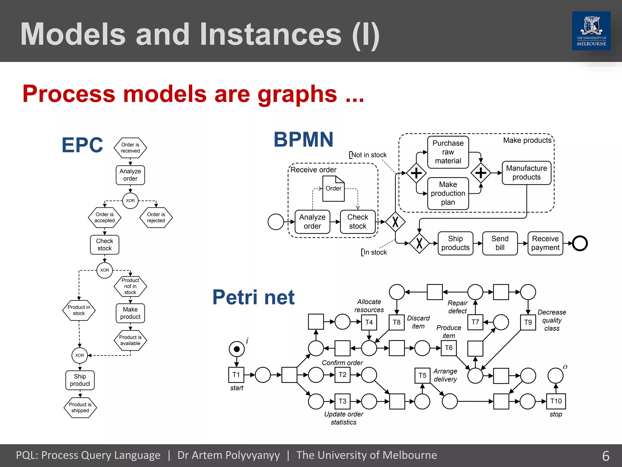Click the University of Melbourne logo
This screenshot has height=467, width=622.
click(591, 31)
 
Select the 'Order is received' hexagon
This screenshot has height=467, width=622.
click(130, 148)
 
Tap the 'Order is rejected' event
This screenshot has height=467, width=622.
click(156, 217)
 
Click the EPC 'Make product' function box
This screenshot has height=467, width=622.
click(130, 313)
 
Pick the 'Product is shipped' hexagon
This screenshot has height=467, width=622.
click(80, 408)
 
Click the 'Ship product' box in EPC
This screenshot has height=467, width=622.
click(80, 380)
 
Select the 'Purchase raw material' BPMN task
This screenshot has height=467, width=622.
click(448, 152)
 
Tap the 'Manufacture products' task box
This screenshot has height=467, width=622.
click(526, 173)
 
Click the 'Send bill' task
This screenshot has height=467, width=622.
click(500, 243)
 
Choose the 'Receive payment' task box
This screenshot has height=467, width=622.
click(545, 243)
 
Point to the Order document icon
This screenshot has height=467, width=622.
click(333, 189)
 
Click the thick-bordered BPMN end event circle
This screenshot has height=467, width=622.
click(580, 243)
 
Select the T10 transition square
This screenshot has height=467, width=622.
click(556, 401)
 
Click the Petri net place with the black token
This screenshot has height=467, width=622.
click(237, 349)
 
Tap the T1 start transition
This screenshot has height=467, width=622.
click(236, 375)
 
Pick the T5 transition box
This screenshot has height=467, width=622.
click(422, 375)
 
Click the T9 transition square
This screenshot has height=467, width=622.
click(528, 322)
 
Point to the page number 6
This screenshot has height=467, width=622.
click(606, 456)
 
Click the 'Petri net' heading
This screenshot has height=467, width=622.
click(253, 297)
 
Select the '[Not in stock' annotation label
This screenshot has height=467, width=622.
click(368, 155)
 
